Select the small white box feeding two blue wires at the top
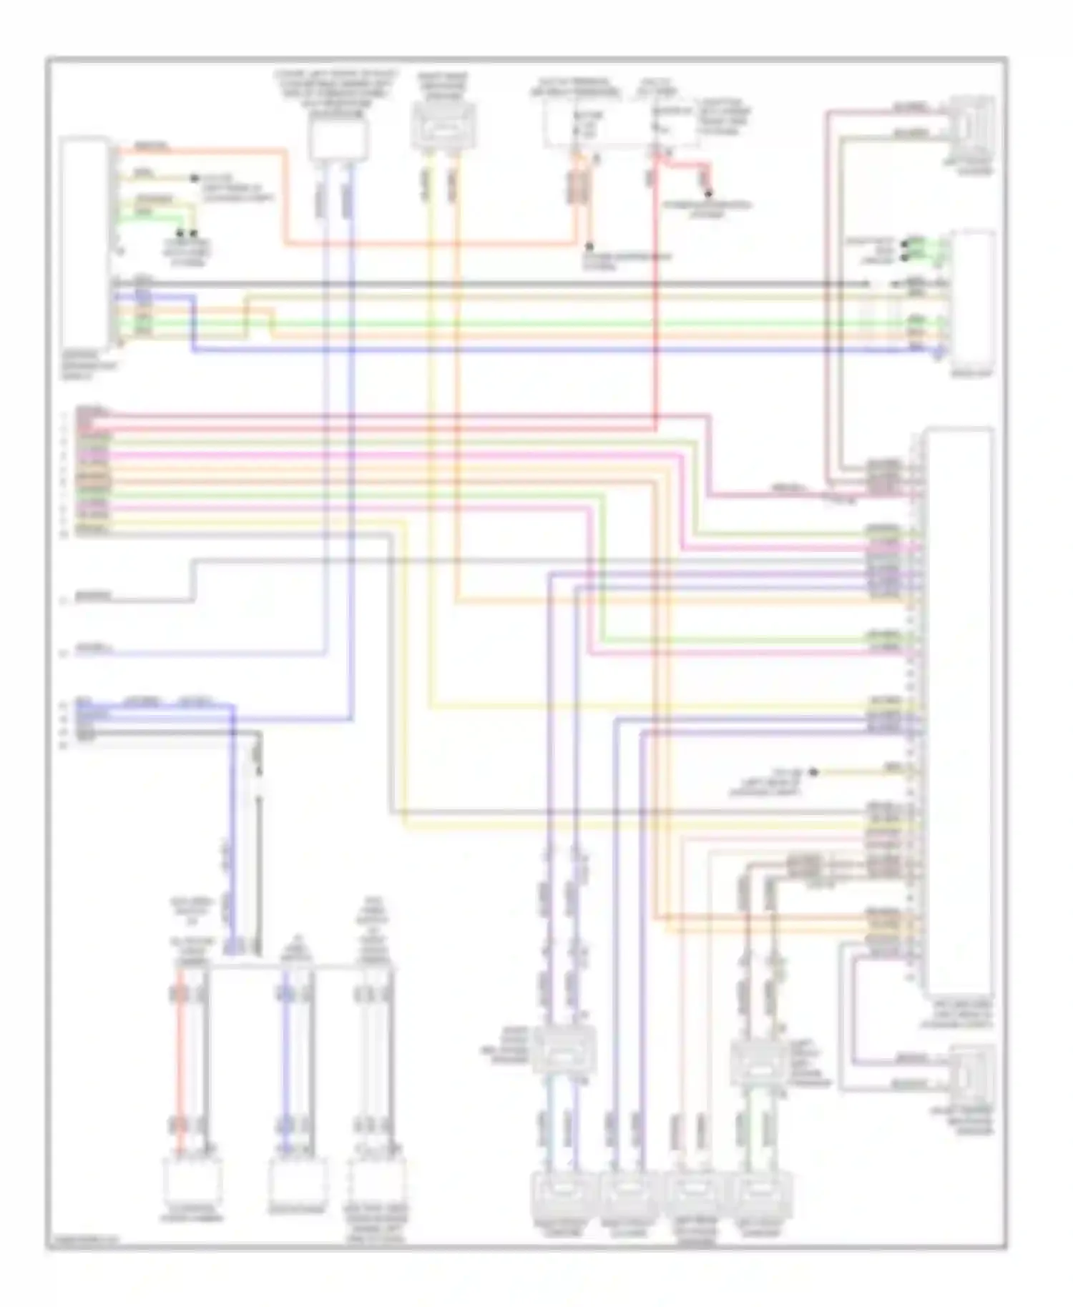(x=338, y=139)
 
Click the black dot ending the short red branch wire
(x=710, y=194)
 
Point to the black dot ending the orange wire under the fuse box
(x=589, y=245)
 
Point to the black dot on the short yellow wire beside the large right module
(x=813, y=773)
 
